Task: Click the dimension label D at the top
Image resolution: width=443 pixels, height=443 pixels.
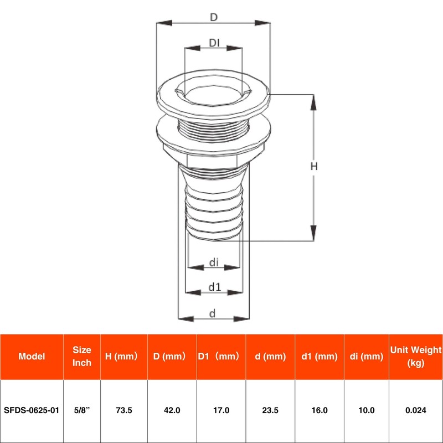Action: coord(213,17)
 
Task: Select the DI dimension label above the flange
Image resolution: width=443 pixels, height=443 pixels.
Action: coord(215,43)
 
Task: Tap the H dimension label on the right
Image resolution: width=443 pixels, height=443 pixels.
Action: coord(313,166)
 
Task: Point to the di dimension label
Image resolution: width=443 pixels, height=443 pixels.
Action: coord(215,262)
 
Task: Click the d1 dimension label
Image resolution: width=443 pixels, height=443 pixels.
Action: coord(215,287)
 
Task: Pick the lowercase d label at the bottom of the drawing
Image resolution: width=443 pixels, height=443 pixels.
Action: coord(212,313)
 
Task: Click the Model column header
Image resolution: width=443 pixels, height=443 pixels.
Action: coord(32,357)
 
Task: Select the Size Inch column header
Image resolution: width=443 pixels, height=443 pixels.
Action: coord(82,357)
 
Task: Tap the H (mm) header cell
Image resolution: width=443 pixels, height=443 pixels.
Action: coord(121,357)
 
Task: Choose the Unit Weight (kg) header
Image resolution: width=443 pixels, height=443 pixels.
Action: coord(415,357)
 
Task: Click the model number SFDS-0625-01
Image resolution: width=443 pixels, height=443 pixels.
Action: coord(32,410)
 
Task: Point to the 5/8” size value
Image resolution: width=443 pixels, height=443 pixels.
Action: coord(82,410)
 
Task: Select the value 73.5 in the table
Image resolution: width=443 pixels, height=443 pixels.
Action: coord(123,410)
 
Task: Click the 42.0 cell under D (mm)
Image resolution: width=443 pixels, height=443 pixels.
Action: coord(172,410)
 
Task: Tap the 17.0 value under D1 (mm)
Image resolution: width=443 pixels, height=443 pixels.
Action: coord(221,410)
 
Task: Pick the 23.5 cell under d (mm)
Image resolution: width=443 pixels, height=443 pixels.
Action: coord(270,410)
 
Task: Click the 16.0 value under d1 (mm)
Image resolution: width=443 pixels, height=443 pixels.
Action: coord(319,410)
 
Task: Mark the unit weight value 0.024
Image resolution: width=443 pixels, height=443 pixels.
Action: coord(415,410)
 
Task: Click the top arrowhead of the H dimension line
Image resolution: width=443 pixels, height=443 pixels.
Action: coord(314,100)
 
